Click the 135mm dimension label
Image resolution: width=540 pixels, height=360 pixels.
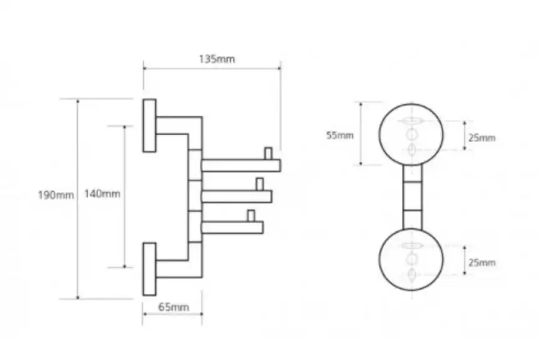[x=217, y=59]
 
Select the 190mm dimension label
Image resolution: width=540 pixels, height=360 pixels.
[x=55, y=195]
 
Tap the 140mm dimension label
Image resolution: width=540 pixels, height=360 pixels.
[x=102, y=194]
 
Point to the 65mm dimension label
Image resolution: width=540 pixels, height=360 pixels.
[x=173, y=307]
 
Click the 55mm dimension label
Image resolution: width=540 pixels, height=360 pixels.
[x=340, y=135]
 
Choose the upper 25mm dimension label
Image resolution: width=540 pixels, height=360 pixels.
[x=482, y=138]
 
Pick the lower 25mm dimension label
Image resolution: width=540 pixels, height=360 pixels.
[x=482, y=263]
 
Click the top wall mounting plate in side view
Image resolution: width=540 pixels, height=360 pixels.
[x=150, y=126]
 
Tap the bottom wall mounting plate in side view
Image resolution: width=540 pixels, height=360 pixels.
[x=150, y=269]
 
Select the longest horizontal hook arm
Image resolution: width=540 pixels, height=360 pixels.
[x=241, y=165]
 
